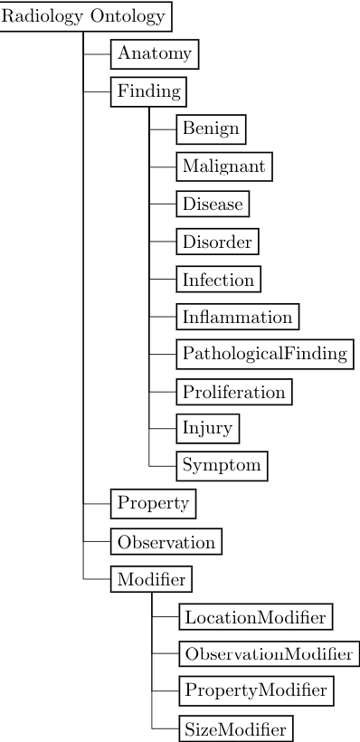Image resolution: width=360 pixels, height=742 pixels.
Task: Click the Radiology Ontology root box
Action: (84, 16)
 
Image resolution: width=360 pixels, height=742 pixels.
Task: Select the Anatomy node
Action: (154, 54)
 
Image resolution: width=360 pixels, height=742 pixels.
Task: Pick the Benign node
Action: (211, 128)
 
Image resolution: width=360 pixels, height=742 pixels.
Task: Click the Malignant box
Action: (223, 166)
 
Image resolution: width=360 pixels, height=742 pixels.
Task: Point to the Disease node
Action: (213, 205)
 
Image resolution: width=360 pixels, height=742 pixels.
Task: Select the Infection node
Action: (218, 280)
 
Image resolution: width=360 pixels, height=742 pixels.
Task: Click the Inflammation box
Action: (237, 317)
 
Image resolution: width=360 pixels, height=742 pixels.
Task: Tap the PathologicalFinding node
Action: (264, 354)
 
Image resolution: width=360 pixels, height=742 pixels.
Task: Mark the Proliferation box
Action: (233, 392)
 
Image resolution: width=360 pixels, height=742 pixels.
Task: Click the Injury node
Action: (207, 429)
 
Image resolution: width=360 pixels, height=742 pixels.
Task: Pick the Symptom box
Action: (222, 466)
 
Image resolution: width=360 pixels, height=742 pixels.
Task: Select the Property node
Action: (153, 503)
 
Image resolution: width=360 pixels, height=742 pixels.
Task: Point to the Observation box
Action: (166, 542)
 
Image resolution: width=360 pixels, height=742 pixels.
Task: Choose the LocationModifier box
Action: (254, 617)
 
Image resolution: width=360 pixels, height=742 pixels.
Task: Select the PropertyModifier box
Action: (254, 690)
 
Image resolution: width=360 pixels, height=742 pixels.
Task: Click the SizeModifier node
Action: (235, 728)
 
